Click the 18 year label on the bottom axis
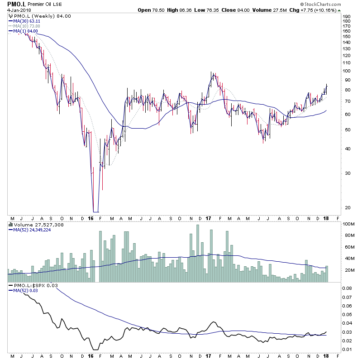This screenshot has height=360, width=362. (x=326, y=356)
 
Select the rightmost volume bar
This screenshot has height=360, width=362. (x=327, y=274)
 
